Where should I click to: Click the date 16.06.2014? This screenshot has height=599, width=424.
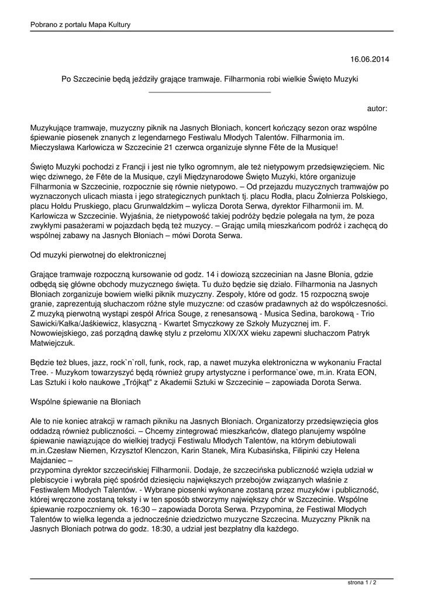point(369,59)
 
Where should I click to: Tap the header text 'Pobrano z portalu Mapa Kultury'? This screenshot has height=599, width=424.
point(80,25)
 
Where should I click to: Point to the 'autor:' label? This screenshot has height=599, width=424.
point(377,108)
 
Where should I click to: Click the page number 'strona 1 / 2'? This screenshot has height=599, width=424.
point(362,583)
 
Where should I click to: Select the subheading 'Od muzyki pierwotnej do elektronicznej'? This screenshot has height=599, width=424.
point(99,255)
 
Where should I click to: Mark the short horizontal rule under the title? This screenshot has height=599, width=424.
point(210,92)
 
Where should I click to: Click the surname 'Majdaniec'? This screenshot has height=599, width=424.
point(51,461)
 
